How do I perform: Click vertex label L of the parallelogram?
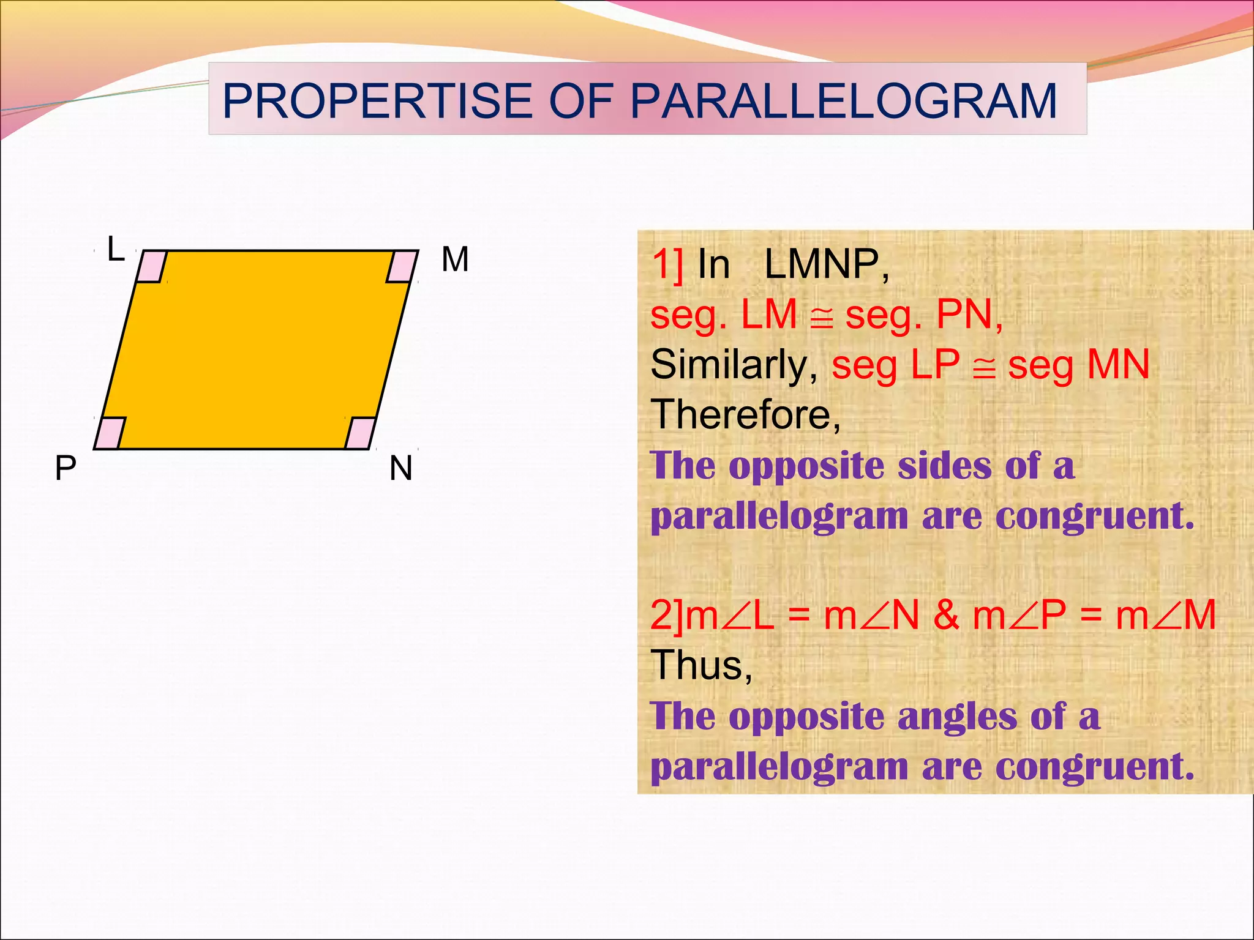point(116,250)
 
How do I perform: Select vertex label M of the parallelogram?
point(455,259)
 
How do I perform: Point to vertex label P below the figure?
point(66,469)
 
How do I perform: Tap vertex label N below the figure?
point(401,469)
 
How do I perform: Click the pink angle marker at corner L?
point(151,266)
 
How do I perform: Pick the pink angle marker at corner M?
point(402,266)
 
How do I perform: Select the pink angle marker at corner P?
point(110,433)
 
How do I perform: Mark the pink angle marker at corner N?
point(361,433)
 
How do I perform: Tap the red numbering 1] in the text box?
point(667,265)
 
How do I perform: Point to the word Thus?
point(700,665)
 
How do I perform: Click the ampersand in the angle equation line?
point(946,615)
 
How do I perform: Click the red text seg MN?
point(1078,365)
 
